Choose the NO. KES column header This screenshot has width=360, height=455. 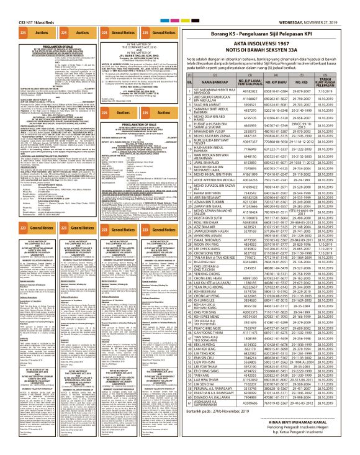[x=308, y=81]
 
